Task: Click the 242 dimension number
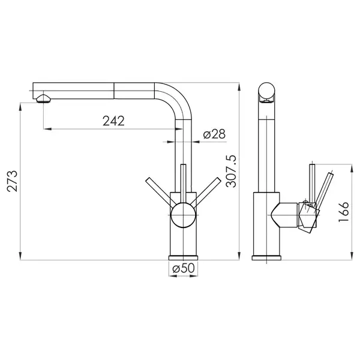point(113,121)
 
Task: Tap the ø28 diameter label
point(214,134)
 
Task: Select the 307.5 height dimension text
point(231,171)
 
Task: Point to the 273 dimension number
point(12,181)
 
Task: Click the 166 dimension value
point(344,212)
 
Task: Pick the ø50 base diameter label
point(184,268)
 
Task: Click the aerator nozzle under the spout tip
point(43,99)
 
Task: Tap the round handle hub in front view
point(183,215)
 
